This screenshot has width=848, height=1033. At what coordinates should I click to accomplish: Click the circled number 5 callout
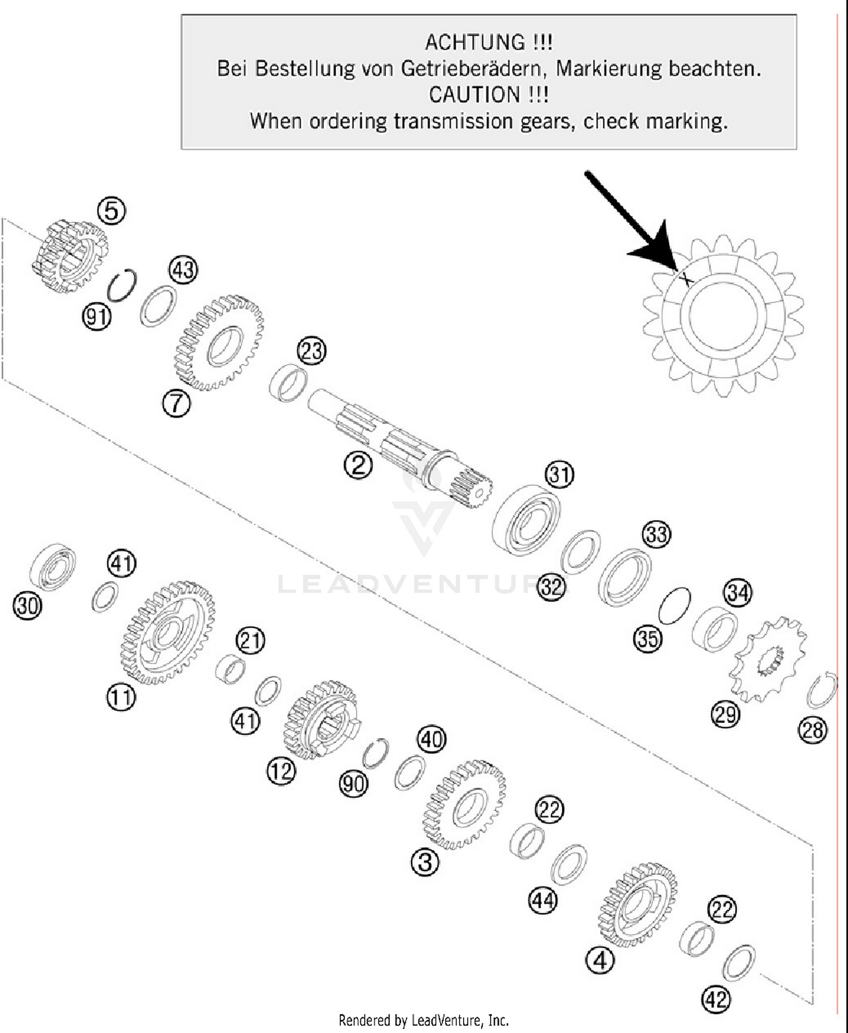[x=111, y=210]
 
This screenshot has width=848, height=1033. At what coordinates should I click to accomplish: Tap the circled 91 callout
[x=97, y=316]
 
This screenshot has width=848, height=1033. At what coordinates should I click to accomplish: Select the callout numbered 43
[x=183, y=270]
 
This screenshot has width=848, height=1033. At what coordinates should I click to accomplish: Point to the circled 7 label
[x=176, y=404]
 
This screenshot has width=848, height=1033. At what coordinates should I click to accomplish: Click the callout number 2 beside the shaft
[x=358, y=465]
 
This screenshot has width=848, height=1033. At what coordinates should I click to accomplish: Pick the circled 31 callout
[x=559, y=475]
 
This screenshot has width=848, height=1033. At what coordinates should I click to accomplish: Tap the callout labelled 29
[x=725, y=715]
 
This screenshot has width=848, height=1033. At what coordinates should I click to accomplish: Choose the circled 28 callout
[x=812, y=730]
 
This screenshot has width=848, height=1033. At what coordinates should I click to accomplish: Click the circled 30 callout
[x=27, y=606]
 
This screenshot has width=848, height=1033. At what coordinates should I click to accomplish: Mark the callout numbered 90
[x=353, y=784]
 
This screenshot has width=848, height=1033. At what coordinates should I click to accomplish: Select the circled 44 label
[x=543, y=900]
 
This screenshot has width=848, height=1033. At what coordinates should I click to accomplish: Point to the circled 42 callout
[x=716, y=1000]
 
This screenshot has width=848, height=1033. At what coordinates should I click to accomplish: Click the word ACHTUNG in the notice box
[x=475, y=42]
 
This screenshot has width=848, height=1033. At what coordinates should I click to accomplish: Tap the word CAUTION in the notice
[x=474, y=94]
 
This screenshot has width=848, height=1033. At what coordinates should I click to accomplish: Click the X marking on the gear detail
[x=685, y=278]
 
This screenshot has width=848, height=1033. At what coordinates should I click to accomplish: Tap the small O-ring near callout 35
[x=674, y=606]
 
